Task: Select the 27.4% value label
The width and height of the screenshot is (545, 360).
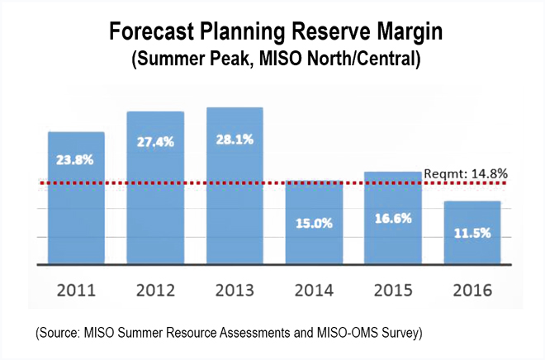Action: tap(155, 141)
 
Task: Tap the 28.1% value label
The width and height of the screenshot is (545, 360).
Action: tap(235, 138)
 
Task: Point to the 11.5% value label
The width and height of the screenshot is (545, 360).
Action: tap(472, 234)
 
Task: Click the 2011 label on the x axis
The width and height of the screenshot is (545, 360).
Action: tap(76, 291)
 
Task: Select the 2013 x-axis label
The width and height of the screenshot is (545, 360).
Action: tap(235, 291)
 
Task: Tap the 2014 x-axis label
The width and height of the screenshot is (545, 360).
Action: tap(314, 291)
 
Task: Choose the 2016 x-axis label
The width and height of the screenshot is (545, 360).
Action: tap(472, 291)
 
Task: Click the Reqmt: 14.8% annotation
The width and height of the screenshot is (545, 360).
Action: tap(465, 173)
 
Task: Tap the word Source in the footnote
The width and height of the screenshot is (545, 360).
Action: tap(59, 333)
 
